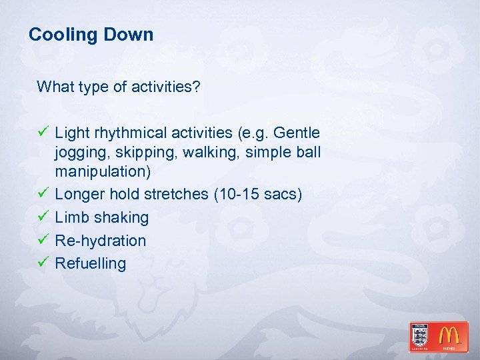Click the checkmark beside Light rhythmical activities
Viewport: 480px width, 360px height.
[x=43, y=133]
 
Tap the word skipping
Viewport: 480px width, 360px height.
[x=139, y=153]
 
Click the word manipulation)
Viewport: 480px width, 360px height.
[x=103, y=171]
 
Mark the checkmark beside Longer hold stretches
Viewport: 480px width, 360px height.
[x=43, y=194]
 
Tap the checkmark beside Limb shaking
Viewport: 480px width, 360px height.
[x=43, y=217]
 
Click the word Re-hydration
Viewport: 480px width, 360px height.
[x=100, y=240]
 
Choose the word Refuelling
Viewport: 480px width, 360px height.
[x=90, y=263]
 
